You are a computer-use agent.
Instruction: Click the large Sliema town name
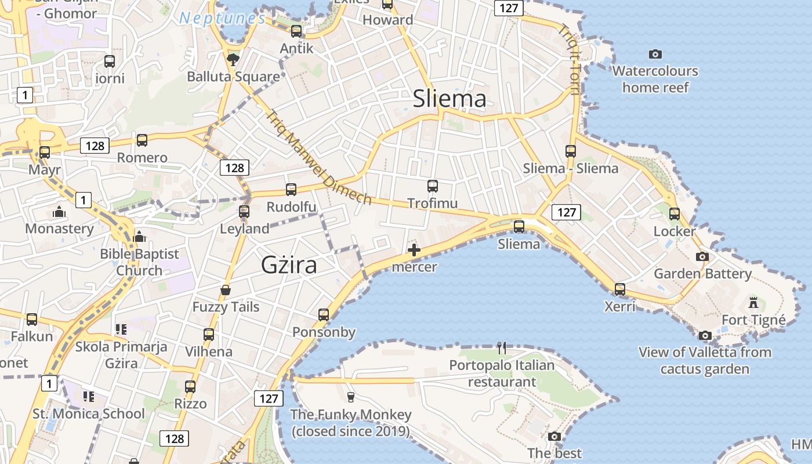(x=449, y=99)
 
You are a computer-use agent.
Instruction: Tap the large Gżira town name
(x=289, y=265)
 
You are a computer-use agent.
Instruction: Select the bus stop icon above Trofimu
(x=432, y=186)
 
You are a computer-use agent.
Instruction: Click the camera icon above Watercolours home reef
(x=655, y=54)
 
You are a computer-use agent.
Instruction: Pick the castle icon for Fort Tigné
(x=753, y=302)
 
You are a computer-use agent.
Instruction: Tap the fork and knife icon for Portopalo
(x=502, y=348)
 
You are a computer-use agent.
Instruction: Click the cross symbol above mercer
(x=414, y=251)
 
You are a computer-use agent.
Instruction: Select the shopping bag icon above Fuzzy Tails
(x=226, y=289)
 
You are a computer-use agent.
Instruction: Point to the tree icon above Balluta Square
(x=233, y=59)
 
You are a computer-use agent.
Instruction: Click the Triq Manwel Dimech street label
(x=318, y=157)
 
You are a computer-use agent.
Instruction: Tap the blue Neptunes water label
(x=222, y=18)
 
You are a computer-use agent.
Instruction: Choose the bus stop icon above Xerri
(x=620, y=289)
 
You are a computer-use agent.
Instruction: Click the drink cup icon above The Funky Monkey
(x=350, y=397)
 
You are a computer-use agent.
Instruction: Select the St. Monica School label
(x=89, y=414)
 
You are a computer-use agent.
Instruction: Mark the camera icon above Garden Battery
(x=702, y=256)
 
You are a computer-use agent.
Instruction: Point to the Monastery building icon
(x=59, y=212)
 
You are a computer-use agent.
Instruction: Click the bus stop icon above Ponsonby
(x=324, y=315)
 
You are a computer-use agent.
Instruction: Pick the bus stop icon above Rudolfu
(x=291, y=190)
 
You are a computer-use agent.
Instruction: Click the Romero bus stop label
(x=142, y=158)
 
